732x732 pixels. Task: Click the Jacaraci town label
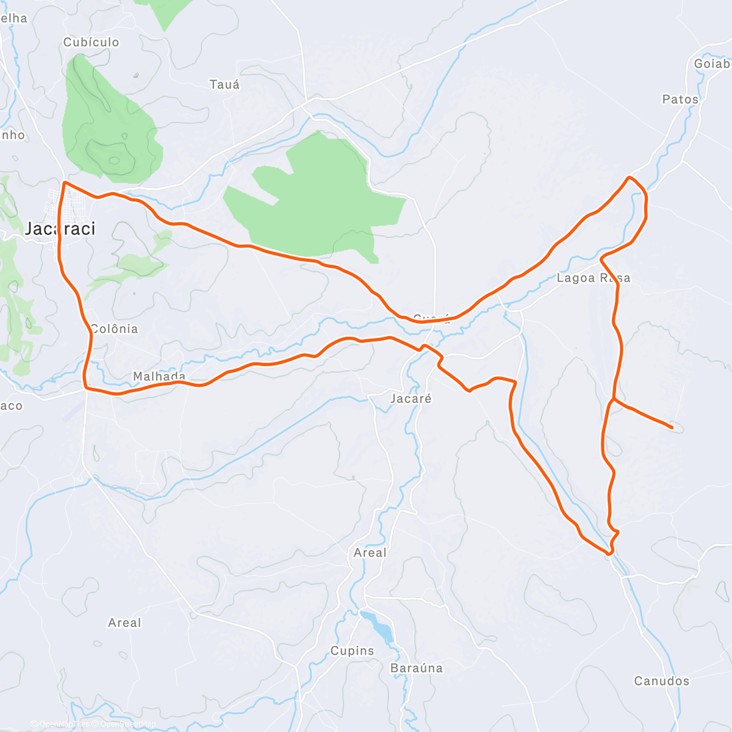point(60,229)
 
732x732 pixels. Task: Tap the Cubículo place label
point(91,42)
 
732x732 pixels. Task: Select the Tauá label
point(224,85)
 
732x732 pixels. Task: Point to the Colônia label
point(114,329)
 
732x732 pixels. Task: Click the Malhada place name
point(159,376)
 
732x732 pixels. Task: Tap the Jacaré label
point(411,398)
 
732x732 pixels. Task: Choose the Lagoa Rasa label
point(593,278)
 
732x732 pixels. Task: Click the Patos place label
point(680,99)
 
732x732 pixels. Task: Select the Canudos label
point(661,681)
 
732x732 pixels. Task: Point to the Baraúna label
point(416,668)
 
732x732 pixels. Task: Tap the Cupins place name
point(352,651)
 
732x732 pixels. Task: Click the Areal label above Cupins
point(370,553)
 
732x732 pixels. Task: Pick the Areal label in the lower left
point(124,623)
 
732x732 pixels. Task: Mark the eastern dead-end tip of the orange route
point(672,427)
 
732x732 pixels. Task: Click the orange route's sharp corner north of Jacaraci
point(64,182)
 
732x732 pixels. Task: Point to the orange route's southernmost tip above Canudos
point(609,554)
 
